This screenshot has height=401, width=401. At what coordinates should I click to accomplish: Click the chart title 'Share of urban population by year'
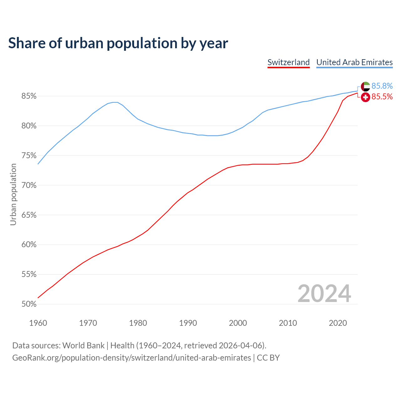tap(118, 43)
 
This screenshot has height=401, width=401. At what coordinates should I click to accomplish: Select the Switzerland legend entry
tap(289, 62)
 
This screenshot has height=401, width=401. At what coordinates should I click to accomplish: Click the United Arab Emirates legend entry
tap(354, 62)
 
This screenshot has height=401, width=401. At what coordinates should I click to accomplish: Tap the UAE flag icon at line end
tap(365, 86)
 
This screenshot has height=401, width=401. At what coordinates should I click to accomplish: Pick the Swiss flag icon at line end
tap(365, 97)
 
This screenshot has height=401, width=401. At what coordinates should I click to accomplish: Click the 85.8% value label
tap(382, 86)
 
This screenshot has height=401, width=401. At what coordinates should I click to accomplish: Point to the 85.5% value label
tap(382, 97)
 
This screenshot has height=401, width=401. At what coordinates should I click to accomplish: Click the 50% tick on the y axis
tap(29, 304)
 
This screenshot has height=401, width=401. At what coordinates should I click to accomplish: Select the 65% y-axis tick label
tap(29, 215)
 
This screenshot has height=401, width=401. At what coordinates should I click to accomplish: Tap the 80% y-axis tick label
tap(29, 126)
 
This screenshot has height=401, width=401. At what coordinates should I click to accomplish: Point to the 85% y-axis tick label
tap(29, 96)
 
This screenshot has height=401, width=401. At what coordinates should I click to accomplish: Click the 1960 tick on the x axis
tap(38, 323)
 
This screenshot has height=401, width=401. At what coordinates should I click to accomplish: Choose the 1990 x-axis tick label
tap(188, 323)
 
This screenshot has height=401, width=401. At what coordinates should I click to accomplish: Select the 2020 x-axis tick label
tap(338, 323)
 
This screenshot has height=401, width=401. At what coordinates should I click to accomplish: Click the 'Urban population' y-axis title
tap(13, 194)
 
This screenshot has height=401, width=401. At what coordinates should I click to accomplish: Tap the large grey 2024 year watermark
tap(324, 294)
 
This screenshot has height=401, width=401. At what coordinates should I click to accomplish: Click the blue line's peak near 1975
tap(115, 102)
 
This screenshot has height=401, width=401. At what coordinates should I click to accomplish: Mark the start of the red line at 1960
tap(38, 298)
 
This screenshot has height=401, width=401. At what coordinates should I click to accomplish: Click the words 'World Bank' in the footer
tap(83, 346)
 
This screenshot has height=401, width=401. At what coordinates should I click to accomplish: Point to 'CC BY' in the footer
tap(268, 358)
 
